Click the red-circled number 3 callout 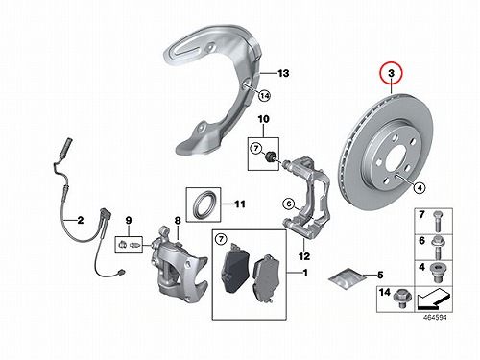coord(391,73)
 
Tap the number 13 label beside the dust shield coord(283,73)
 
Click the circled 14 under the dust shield coord(264,95)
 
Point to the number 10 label coord(263,119)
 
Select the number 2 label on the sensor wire coord(81,220)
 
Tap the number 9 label coord(129,220)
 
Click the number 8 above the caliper coord(178,220)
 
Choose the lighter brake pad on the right coord(267,278)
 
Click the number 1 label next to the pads coord(305,273)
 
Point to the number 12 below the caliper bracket coord(304,256)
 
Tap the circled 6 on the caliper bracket coord(289,204)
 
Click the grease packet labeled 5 coord(348,277)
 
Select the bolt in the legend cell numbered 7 coord(437,221)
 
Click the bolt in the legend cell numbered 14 coord(400,299)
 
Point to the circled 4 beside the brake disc coord(420,187)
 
